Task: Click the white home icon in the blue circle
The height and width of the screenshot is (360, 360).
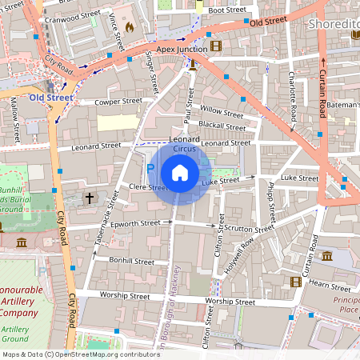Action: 180,172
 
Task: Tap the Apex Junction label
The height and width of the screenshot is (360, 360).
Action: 182,49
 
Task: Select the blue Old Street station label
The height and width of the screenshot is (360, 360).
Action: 50,98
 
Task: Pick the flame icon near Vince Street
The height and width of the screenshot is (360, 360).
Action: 130,26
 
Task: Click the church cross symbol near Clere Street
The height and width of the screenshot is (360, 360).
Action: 90,197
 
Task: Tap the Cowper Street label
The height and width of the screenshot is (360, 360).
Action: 118,102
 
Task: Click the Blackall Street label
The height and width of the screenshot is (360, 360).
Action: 222,126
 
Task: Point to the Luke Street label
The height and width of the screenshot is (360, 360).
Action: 221,182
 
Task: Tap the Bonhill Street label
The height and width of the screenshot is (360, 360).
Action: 132,261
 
